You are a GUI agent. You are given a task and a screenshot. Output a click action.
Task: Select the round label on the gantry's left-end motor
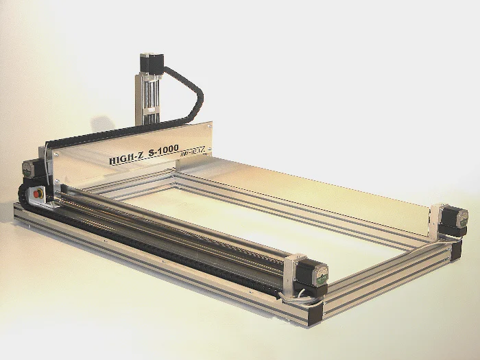(27, 167)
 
